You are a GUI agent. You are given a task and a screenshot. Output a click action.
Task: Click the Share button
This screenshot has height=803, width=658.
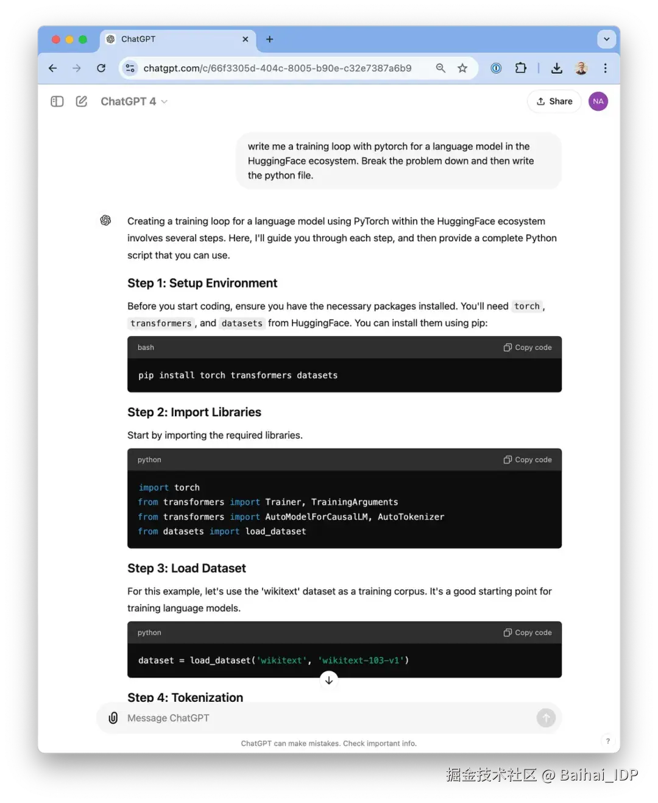click(554, 102)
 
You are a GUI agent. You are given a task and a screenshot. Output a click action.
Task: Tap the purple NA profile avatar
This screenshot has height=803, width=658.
click(598, 102)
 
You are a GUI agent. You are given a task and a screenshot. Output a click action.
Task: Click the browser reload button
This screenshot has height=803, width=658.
click(101, 68)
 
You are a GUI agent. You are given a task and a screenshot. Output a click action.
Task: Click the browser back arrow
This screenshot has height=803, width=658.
click(53, 68)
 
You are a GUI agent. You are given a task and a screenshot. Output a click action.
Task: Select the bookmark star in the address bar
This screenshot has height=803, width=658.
click(462, 68)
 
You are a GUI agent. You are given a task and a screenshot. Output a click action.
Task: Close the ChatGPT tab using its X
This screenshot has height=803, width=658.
click(245, 39)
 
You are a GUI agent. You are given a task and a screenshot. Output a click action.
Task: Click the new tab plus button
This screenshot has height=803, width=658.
click(269, 39)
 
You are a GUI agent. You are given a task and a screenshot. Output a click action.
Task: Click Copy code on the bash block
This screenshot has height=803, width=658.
click(528, 347)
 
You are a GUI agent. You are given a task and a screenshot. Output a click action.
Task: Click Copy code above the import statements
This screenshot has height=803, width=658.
click(528, 460)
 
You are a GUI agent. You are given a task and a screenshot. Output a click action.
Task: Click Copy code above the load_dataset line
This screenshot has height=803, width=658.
click(528, 633)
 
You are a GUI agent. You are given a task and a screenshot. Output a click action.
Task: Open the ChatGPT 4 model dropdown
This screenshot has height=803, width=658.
click(134, 102)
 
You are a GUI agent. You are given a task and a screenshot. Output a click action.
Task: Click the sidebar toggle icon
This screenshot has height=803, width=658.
click(57, 102)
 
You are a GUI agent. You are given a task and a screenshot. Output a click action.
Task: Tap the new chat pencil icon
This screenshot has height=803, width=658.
click(82, 102)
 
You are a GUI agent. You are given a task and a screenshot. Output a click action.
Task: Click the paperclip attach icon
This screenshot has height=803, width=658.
click(113, 718)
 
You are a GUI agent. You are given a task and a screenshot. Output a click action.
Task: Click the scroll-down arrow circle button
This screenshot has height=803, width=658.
click(329, 680)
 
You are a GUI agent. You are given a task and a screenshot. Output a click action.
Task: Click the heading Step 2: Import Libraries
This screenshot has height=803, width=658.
click(194, 412)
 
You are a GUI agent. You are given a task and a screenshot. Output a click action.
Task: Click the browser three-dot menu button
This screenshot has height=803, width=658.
click(605, 68)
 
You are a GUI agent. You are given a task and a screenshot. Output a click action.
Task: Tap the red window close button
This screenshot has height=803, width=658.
click(56, 40)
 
